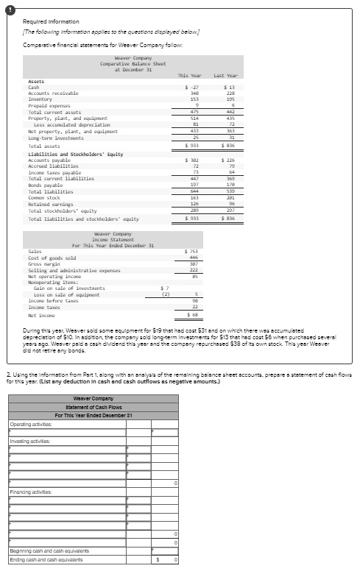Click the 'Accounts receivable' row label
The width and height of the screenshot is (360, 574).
[x=53, y=93]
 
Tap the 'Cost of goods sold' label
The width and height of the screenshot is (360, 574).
[x=52, y=258]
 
